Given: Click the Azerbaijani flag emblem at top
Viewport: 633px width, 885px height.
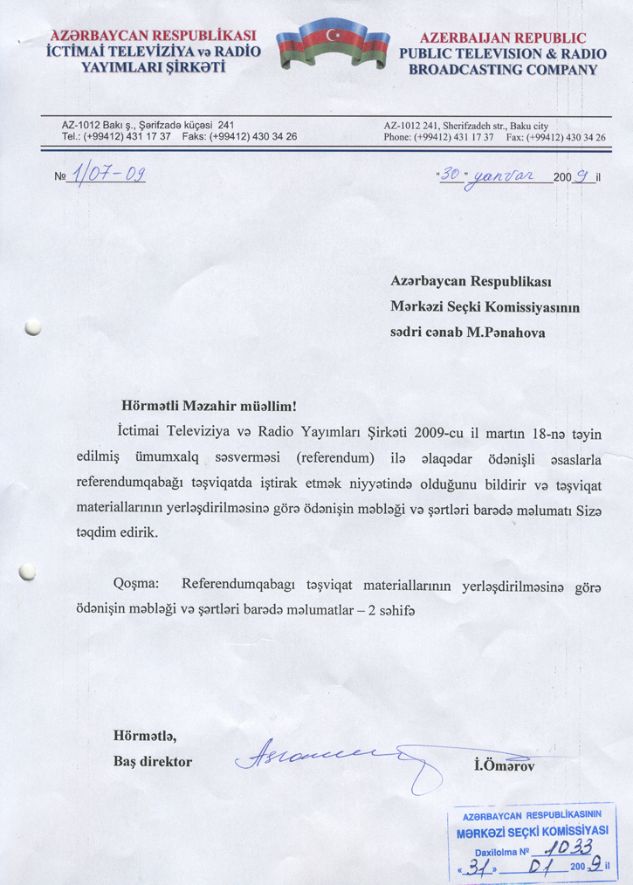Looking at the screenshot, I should [x=333, y=45].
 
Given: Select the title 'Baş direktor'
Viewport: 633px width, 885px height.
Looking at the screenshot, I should [x=153, y=761].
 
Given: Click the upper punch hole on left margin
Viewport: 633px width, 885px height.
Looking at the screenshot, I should [x=33, y=327].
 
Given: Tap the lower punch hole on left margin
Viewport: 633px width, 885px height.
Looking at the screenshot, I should [x=28, y=572].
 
